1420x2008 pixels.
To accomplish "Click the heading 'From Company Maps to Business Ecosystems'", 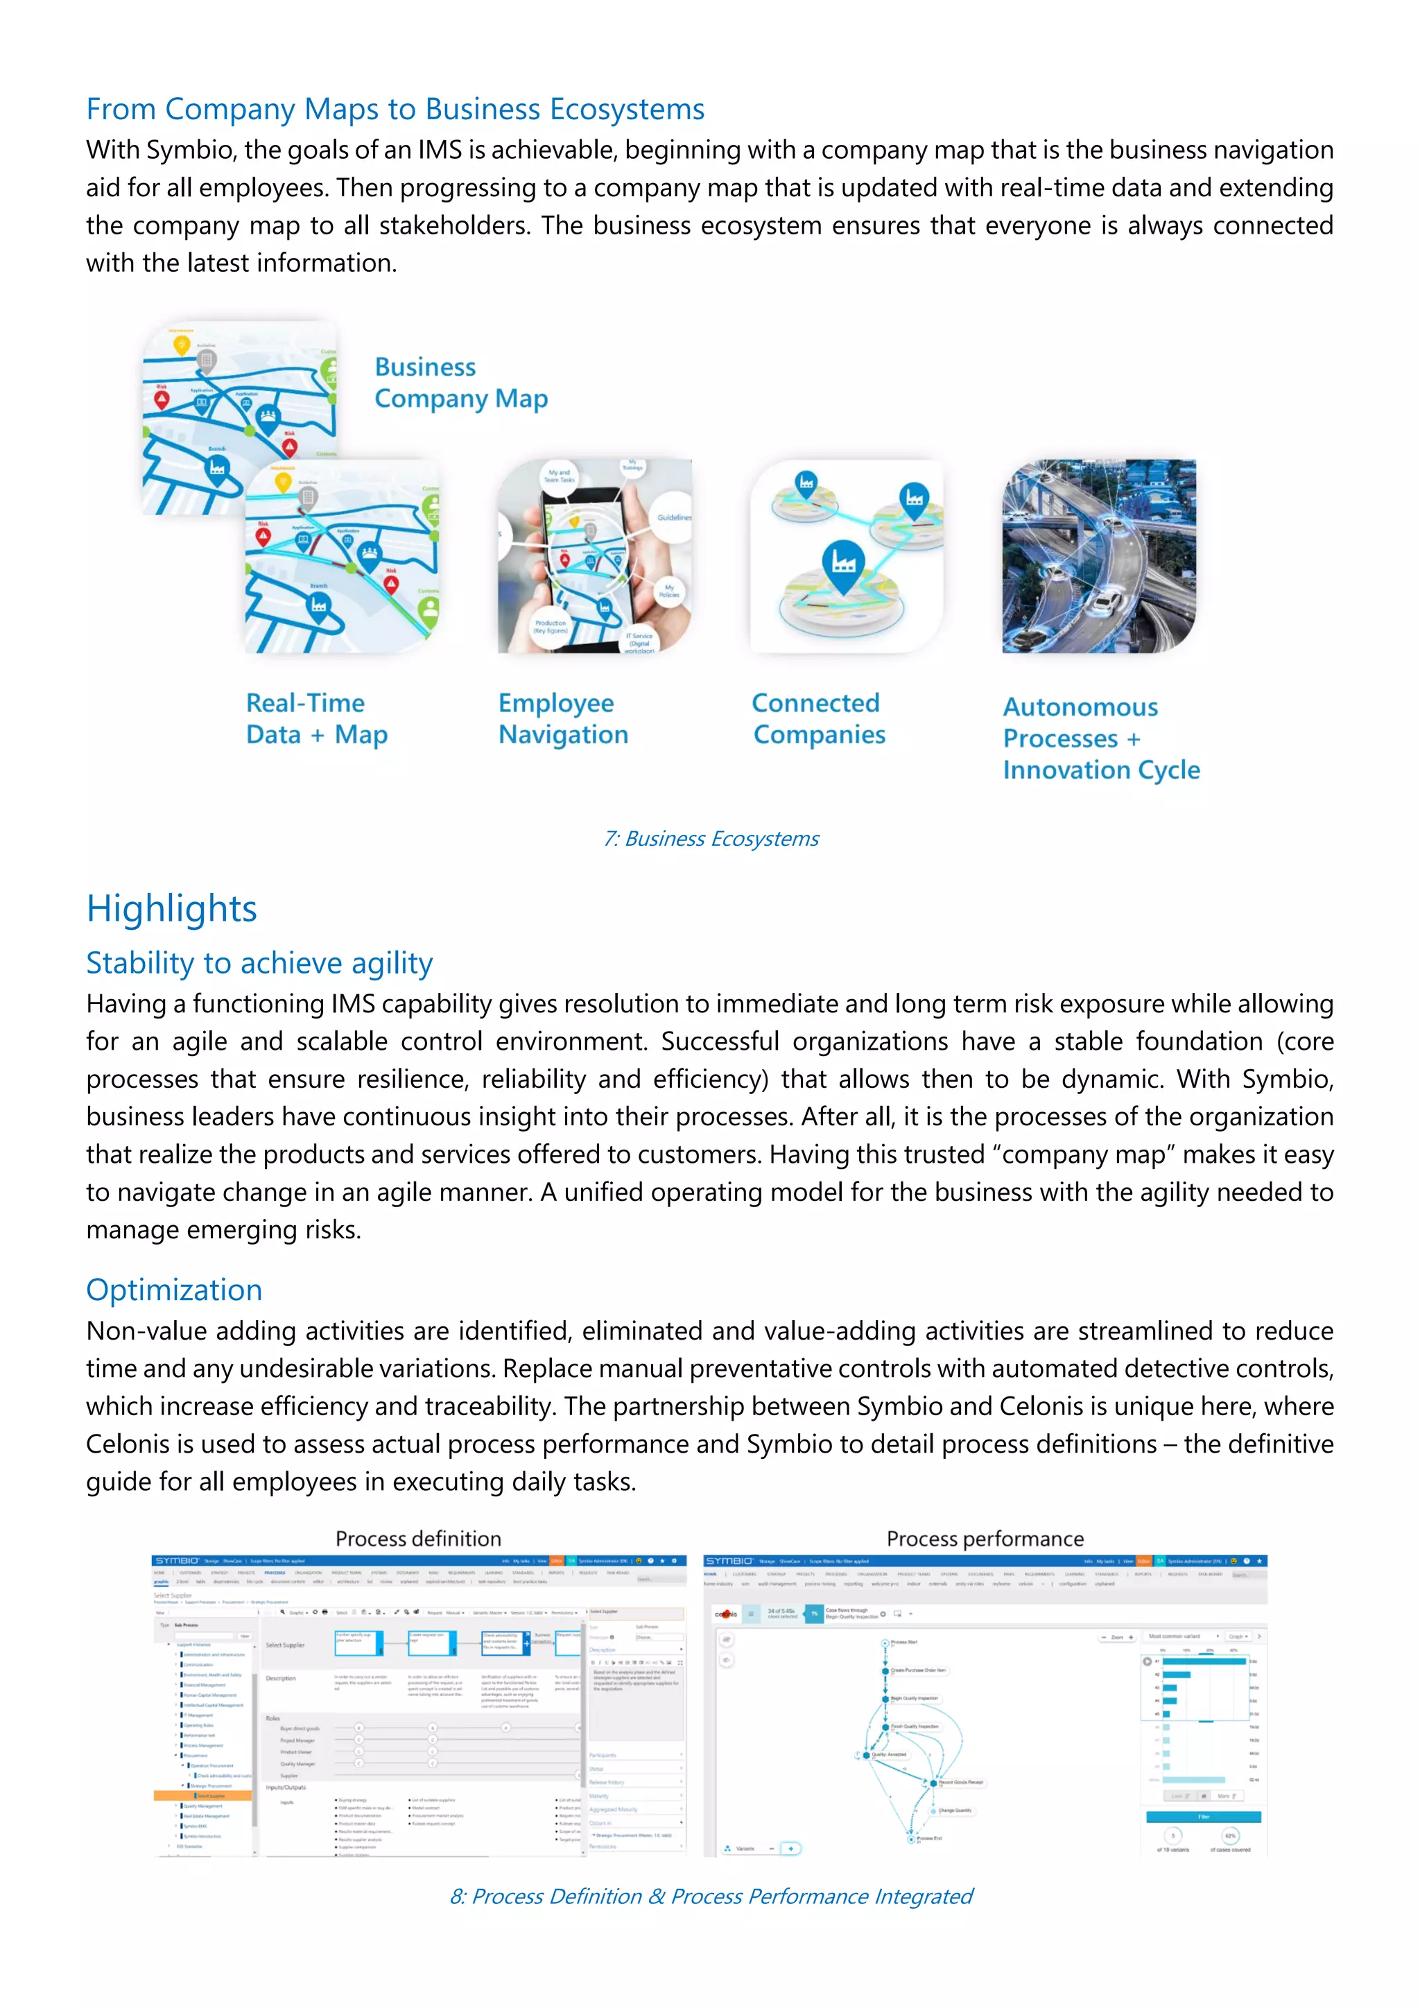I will coord(395,110).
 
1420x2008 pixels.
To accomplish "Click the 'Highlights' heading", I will coord(171,909).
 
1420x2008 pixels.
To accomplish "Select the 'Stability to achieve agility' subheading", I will coord(259,963).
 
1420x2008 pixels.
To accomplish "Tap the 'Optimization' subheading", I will coord(174,1290).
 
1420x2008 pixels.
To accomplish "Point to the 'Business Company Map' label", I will coord(461,383).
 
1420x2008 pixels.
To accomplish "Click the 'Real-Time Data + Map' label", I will coord(317,719).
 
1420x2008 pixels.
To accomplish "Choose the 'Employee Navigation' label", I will coord(563,719).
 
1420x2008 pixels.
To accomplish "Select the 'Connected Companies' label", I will coord(818,719).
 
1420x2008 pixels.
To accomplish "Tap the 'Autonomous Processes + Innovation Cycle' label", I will coord(1101,738).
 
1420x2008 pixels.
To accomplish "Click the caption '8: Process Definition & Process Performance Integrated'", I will coord(711,1896).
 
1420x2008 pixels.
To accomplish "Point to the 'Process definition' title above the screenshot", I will coord(418,1539).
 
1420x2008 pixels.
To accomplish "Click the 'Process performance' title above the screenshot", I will coord(985,1539).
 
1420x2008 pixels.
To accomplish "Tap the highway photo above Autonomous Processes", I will coord(1099,556).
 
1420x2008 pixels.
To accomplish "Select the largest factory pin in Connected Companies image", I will coord(844,562).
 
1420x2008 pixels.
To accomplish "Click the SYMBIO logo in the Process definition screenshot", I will coord(177,1560).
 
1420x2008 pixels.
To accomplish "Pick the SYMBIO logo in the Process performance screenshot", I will coord(730,1560).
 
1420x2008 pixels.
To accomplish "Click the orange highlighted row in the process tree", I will coord(203,1795).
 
